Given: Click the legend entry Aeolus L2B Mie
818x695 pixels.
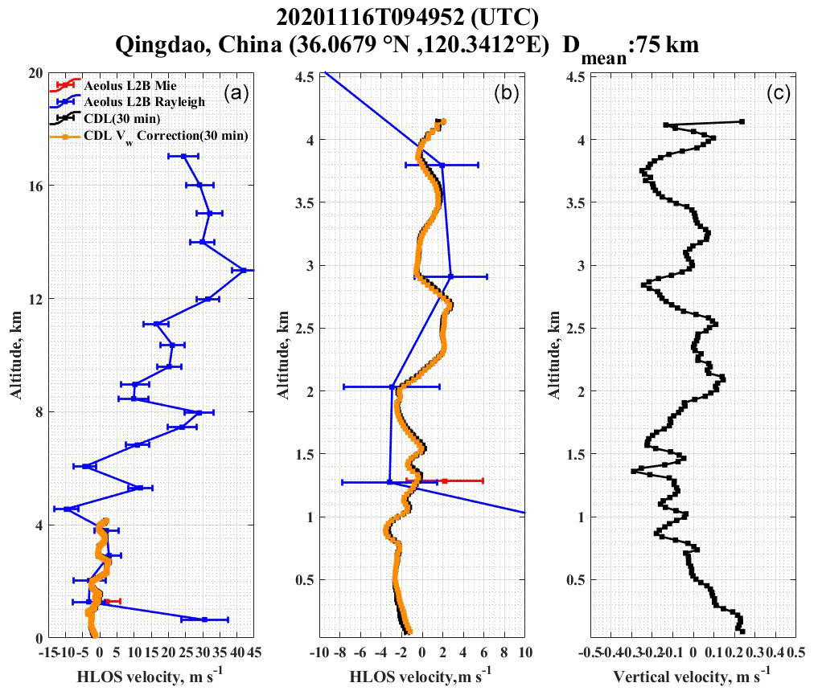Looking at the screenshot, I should tap(121, 84).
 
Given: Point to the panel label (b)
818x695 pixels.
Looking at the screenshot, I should tap(504, 93).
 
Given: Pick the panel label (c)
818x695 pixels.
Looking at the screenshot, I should tap(777, 93).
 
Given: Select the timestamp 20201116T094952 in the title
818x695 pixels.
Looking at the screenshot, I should tap(360, 17).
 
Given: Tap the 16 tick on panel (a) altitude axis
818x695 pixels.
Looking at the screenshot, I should tap(35, 186).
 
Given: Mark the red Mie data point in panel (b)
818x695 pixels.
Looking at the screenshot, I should tap(444, 480).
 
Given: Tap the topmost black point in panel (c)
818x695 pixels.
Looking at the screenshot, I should tap(741, 121).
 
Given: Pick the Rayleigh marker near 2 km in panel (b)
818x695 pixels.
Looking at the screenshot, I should tap(393, 386).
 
